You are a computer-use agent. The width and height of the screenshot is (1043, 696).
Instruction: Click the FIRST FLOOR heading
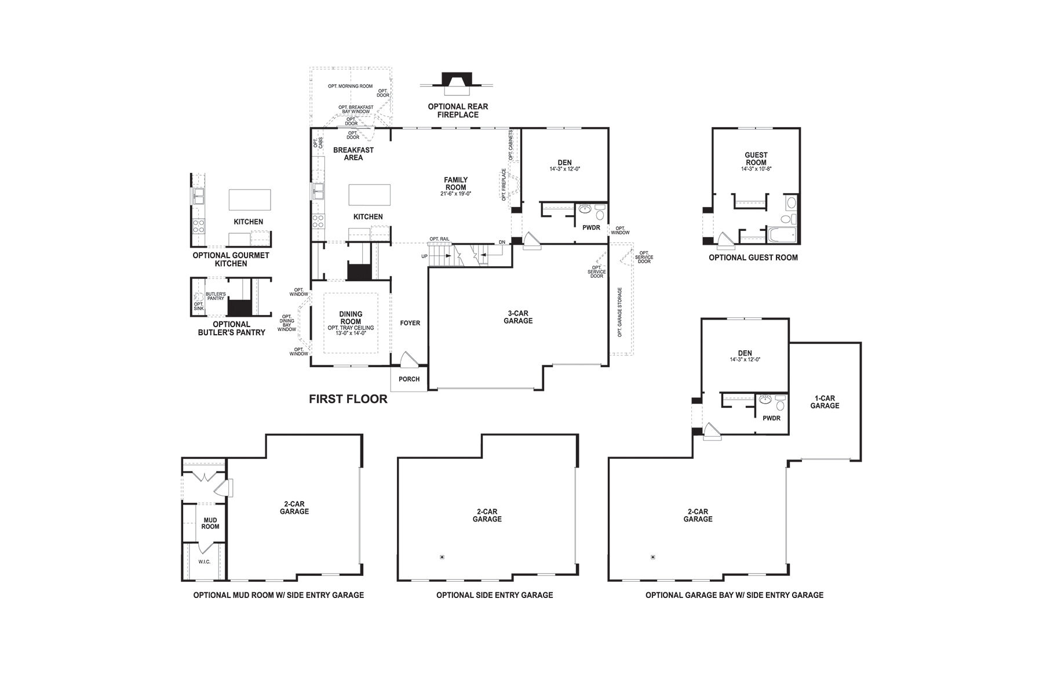point(348,399)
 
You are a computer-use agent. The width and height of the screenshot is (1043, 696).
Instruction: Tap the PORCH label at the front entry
point(409,379)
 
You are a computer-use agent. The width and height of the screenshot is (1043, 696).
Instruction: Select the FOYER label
point(410,323)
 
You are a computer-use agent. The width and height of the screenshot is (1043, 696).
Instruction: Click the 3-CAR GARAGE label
point(518,317)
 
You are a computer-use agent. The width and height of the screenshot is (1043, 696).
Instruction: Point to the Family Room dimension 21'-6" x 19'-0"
point(455,194)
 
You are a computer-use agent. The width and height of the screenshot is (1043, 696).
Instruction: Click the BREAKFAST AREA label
point(353,154)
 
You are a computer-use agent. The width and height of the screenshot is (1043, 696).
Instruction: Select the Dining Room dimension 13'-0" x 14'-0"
point(351,334)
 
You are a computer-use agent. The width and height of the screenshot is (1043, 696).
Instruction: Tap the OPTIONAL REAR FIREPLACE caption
point(458,111)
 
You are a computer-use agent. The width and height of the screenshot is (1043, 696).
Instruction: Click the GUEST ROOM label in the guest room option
point(756,158)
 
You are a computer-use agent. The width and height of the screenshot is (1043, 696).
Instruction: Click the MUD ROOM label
point(210,523)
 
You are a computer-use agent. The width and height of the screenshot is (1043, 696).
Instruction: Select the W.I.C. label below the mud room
point(204,561)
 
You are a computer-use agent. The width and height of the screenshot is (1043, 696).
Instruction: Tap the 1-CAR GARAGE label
point(825,402)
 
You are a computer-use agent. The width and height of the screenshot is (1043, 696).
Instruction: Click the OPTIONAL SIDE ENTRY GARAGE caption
point(494,595)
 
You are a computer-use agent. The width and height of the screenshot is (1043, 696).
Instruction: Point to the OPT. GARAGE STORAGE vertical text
point(619,312)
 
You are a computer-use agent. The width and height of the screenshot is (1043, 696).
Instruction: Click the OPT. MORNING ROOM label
point(350,86)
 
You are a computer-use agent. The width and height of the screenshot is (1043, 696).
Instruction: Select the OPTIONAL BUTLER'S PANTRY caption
point(231,328)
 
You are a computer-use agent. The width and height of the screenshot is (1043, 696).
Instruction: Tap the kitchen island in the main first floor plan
point(370,194)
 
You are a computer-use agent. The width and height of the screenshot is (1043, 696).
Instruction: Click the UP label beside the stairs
point(424,256)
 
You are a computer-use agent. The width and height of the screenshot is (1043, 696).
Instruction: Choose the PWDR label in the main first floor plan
point(591,228)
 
